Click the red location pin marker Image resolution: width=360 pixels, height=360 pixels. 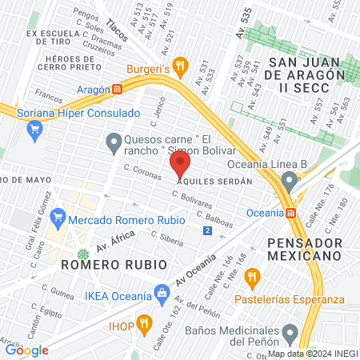[180, 166]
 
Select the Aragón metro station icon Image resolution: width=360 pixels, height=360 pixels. [118, 90]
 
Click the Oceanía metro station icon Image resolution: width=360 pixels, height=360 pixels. [290, 213]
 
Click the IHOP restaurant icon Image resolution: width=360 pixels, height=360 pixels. [144, 323]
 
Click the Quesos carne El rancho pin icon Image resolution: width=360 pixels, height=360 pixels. [113, 143]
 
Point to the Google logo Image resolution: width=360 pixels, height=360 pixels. [26, 350]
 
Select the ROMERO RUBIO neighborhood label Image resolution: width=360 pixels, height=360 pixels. [114, 263]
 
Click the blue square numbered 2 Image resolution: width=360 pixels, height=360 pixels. [208, 230]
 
